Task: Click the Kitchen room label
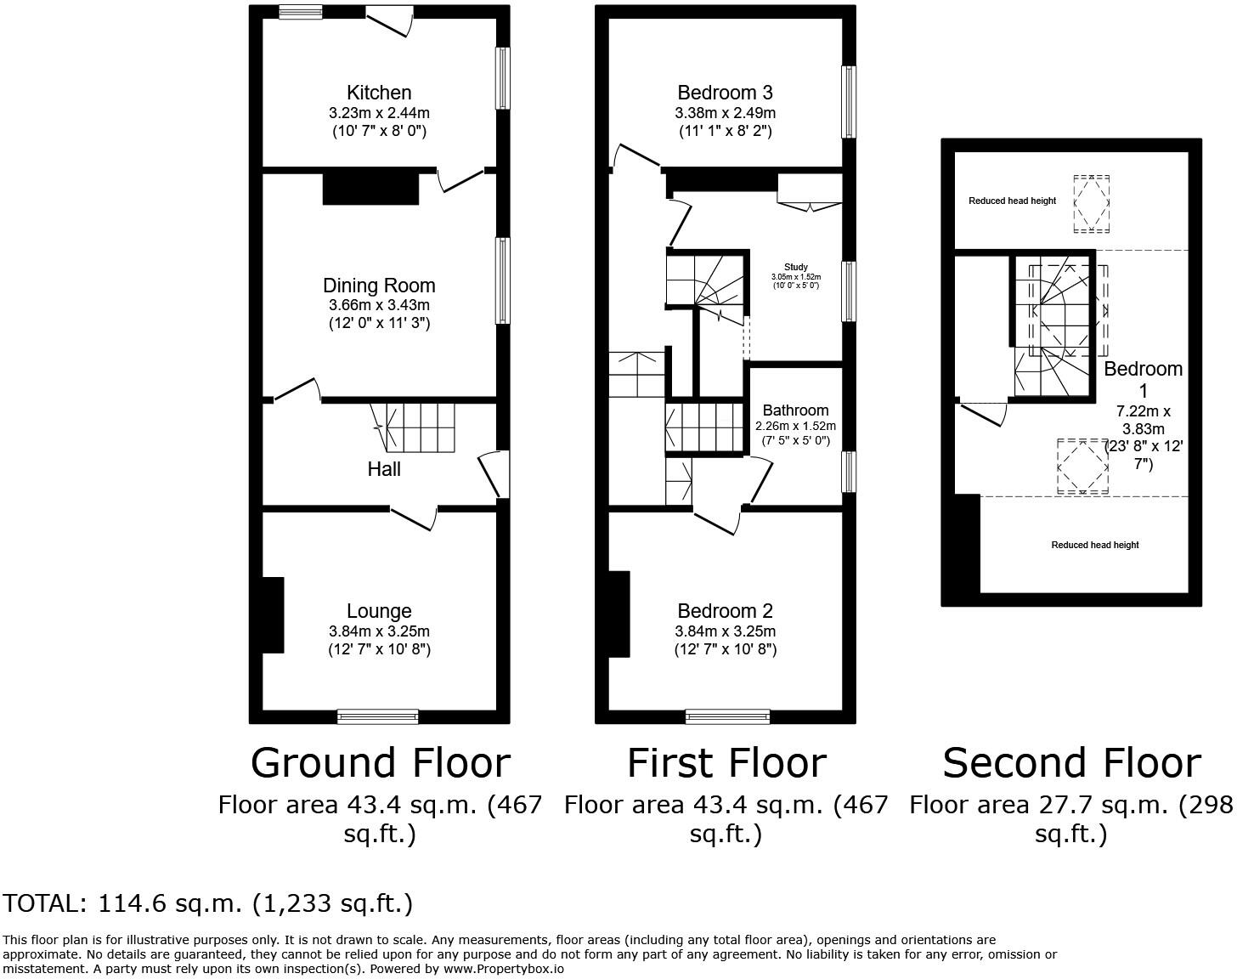379,93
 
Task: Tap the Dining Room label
379,286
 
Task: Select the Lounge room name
379,611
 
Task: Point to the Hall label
384,469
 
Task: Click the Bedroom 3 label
725,93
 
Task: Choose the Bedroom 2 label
725,611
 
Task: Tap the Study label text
795,267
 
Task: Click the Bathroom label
795,410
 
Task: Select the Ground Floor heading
380,762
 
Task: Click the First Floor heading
726,762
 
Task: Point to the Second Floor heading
1071,762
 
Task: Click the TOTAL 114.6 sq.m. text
208,903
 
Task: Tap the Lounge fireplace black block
273,615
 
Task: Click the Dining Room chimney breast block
370,188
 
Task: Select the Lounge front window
378,716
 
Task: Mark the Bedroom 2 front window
727,716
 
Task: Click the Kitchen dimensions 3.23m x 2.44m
379,113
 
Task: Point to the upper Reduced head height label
1012,201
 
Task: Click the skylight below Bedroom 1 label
1082,466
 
